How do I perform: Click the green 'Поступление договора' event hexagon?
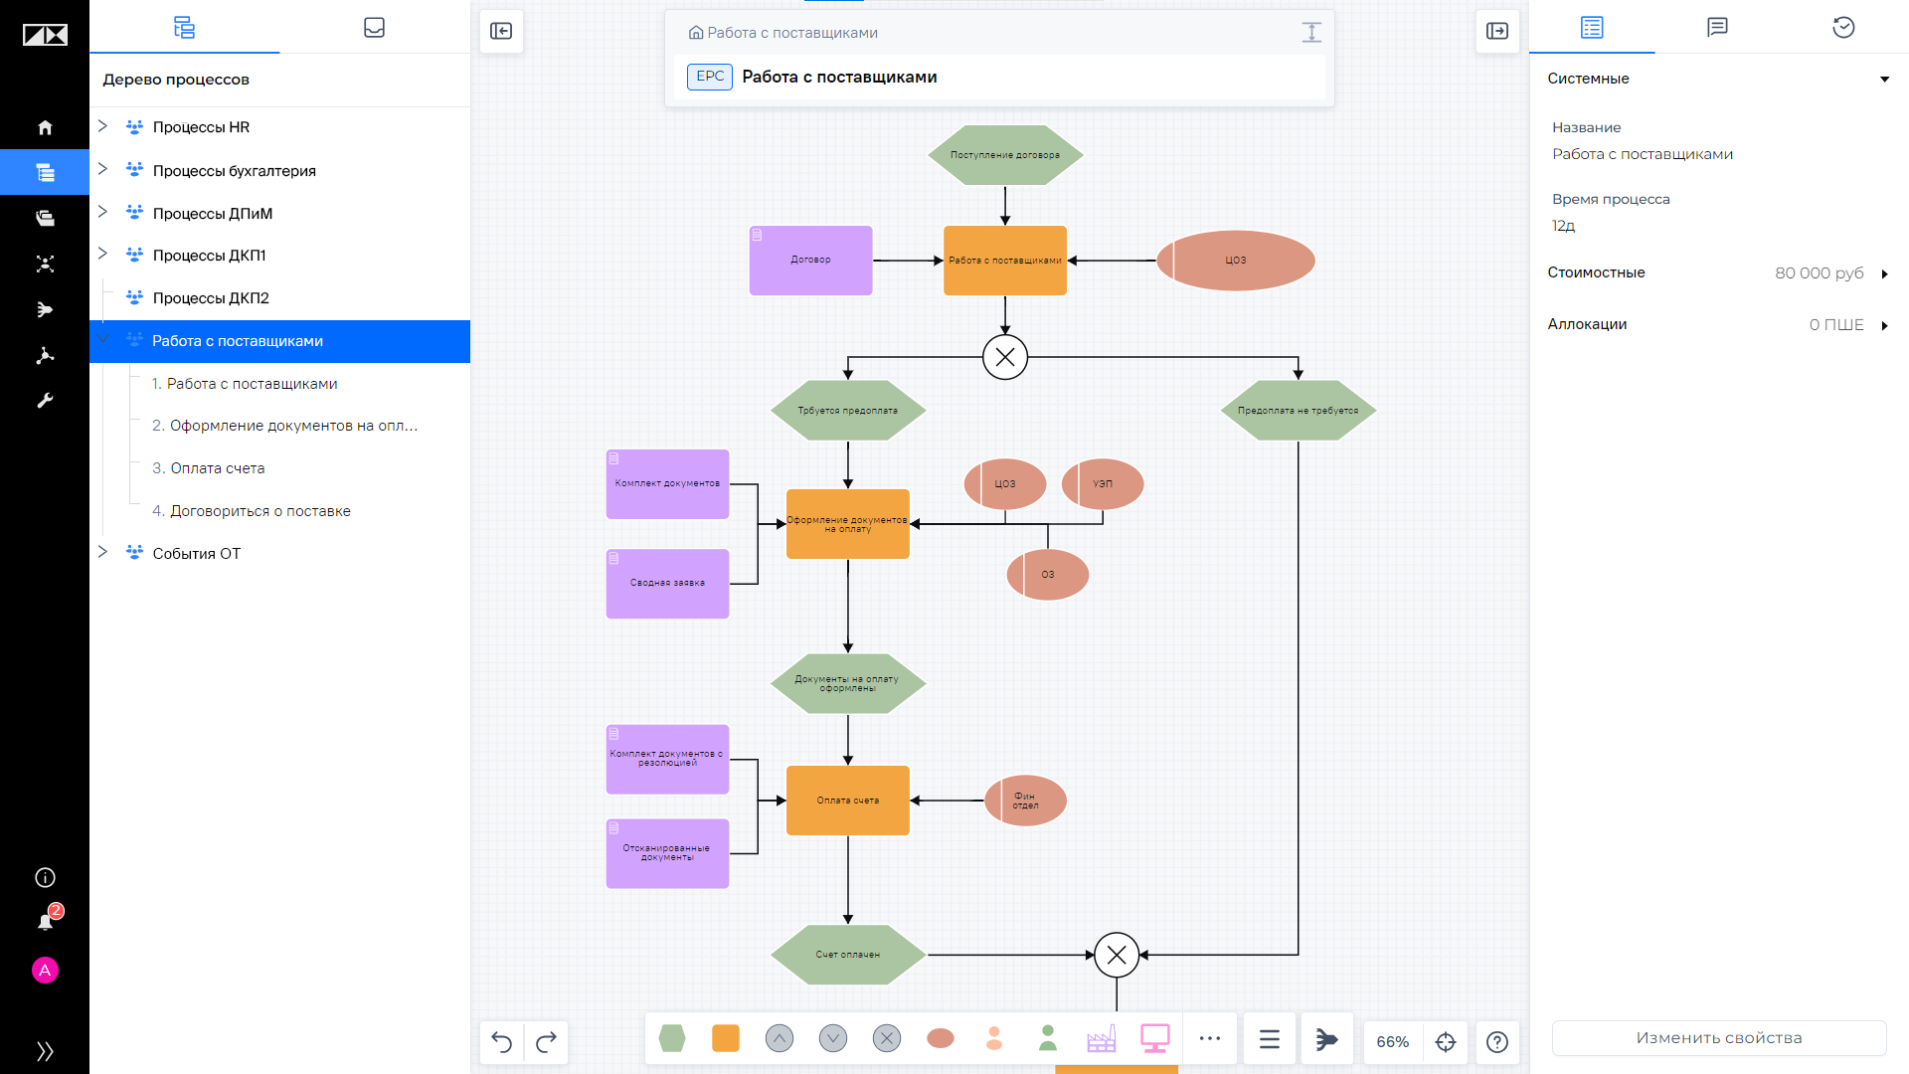click(x=1005, y=155)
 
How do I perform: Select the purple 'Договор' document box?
click(x=810, y=261)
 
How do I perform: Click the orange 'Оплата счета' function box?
click(x=848, y=801)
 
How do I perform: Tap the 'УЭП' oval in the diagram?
click(x=1103, y=484)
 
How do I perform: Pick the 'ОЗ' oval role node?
click(x=1048, y=575)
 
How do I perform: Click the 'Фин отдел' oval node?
click(x=1025, y=801)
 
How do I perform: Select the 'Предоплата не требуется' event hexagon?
click(x=1299, y=411)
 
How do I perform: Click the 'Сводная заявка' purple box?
click(x=667, y=584)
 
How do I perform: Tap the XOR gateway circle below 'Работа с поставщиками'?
click(x=1005, y=357)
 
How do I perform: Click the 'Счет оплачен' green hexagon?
click(x=848, y=955)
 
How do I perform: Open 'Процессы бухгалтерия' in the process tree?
click(x=234, y=171)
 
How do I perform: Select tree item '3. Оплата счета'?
click(x=208, y=468)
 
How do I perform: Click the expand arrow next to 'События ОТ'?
click(x=102, y=552)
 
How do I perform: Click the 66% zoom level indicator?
click(x=1392, y=1041)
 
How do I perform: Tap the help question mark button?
click(x=1497, y=1041)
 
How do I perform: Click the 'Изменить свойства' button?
click(x=1719, y=1038)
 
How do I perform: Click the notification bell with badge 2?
click(x=46, y=921)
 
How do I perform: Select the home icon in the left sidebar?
click(x=45, y=127)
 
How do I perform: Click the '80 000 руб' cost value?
click(x=1820, y=273)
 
